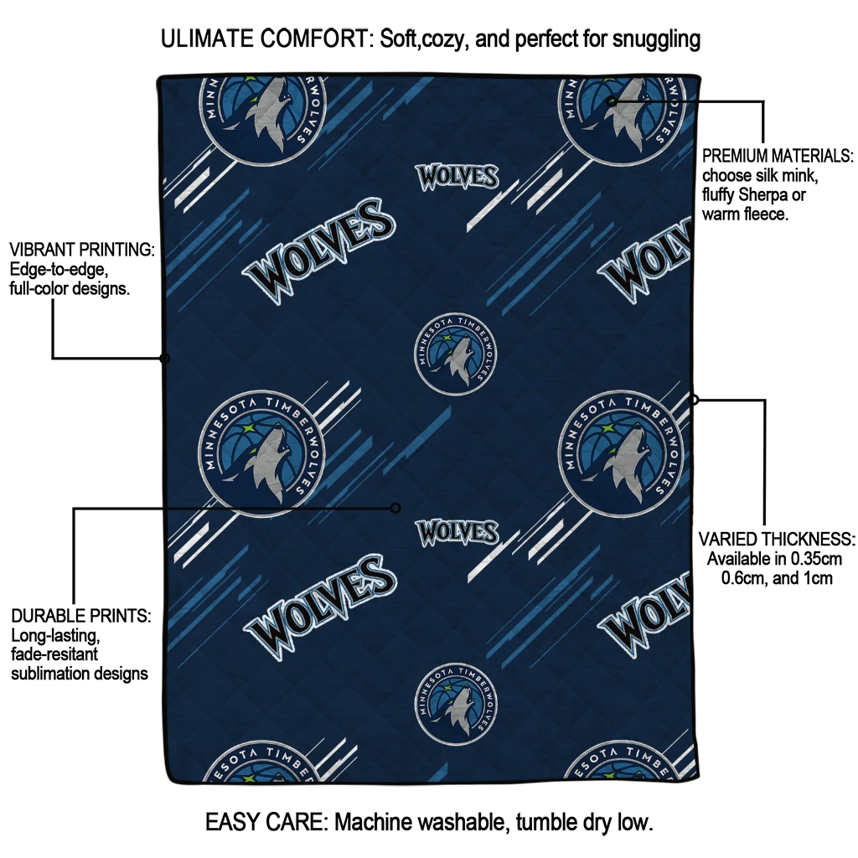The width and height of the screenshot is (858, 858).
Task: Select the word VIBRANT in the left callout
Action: (x=44, y=250)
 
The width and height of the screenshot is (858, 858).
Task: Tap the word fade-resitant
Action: (x=54, y=654)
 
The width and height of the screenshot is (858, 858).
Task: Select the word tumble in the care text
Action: (x=543, y=822)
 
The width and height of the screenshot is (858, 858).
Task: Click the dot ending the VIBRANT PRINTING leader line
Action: (x=164, y=359)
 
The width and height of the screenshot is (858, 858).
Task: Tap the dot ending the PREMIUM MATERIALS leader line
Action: (x=612, y=101)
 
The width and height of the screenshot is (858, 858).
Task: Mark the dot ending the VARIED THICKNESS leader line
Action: (x=694, y=400)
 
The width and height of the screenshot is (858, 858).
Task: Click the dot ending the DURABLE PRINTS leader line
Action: (x=395, y=509)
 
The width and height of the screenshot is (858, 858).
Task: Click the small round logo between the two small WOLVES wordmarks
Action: (x=455, y=354)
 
